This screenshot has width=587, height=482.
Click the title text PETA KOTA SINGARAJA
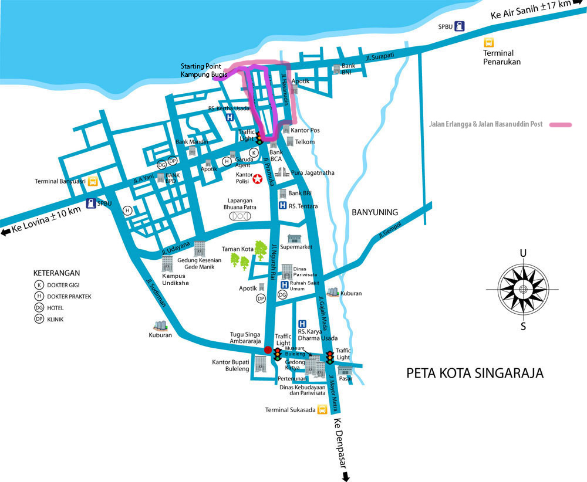[x=475, y=373]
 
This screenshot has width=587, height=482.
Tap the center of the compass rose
[x=522, y=289]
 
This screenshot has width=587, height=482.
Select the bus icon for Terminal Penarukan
[x=488, y=43]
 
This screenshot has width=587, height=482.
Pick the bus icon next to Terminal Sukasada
[x=322, y=410]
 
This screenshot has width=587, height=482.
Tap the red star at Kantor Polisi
[x=258, y=179]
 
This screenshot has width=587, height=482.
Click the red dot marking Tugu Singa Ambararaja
[x=268, y=350]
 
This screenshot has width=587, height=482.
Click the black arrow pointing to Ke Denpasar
[x=346, y=476]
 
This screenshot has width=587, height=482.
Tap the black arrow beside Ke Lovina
[x=6, y=232]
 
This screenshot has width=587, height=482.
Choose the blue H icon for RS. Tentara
[x=282, y=206]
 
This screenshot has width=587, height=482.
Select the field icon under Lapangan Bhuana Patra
[x=241, y=216]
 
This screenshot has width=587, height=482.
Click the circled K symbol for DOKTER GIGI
[x=39, y=285]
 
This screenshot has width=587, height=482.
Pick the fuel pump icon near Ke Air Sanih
[x=460, y=26]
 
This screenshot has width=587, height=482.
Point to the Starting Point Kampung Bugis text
[x=204, y=70]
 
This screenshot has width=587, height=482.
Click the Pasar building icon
[x=345, y=371]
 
